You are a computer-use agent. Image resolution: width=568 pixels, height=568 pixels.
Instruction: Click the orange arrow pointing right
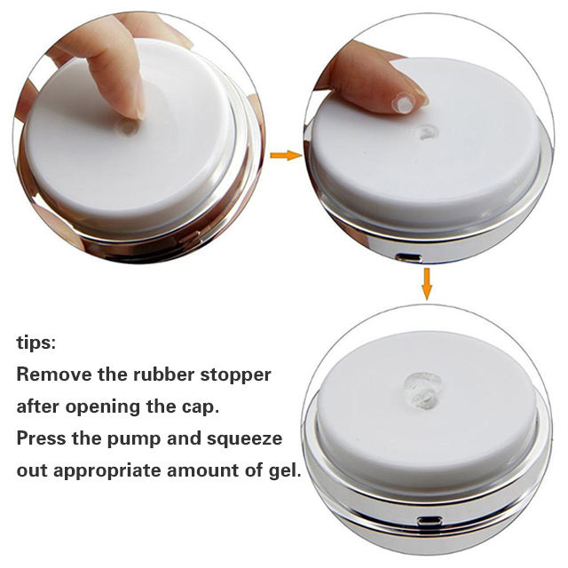(286, 155)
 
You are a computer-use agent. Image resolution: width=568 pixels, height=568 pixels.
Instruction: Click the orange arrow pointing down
(427, 284)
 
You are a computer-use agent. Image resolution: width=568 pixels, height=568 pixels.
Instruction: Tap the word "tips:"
(36, 343)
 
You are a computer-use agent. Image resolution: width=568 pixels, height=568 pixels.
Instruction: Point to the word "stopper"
(235, 375)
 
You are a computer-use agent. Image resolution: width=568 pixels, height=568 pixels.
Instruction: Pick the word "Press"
(42, 438)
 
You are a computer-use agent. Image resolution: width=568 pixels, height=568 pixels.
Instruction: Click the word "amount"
(202, 470)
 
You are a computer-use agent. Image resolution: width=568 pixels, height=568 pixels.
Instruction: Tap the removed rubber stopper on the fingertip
(403, 103)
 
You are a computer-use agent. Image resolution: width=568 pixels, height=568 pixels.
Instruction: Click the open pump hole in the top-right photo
(428, 132)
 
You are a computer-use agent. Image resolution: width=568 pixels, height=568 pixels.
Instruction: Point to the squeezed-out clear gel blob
(423, 391)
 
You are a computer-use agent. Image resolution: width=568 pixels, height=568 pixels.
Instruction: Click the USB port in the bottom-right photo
(430, 522)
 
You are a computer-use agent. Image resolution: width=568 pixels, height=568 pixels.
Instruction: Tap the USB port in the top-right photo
(408, 258)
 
